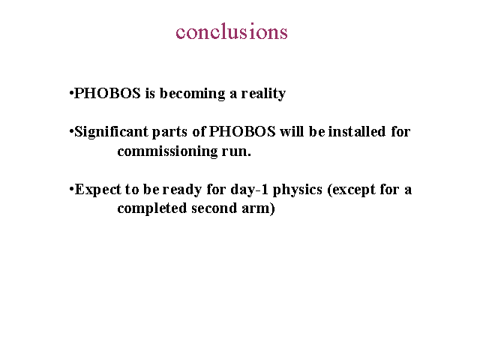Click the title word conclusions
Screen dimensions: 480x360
(232, 31)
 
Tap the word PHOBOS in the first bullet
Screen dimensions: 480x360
(107, 93)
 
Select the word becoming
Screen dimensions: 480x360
(192, 94)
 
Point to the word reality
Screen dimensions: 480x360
(263, 94)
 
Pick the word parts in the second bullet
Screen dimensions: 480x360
(169, 132)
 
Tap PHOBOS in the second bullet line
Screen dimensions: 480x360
(242, 131)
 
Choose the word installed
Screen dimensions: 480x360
(357, 131)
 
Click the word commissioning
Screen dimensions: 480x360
(167, 151)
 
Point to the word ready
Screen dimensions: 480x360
(181, 190)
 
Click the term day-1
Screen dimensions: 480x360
(250, 189)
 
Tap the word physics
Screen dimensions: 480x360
(298, 190)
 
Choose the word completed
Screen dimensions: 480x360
(152, 208)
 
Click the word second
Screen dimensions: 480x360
(214, 208)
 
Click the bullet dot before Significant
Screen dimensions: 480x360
(72, 132)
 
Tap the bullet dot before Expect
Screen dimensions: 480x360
(72, 189)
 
